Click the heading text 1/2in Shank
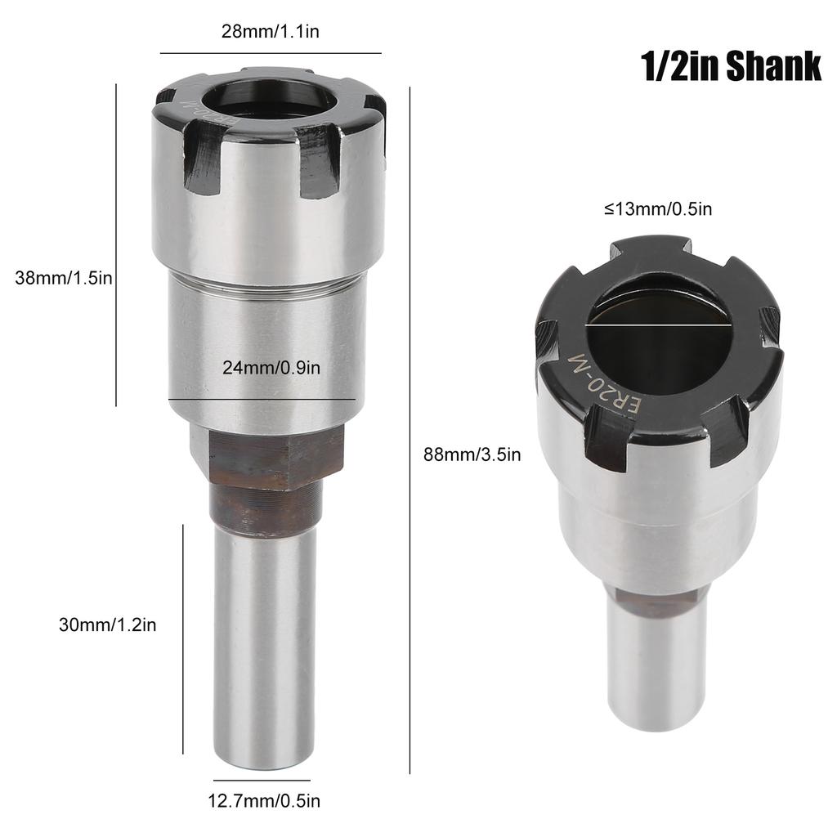[731, 67]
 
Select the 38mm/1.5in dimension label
[63, 278]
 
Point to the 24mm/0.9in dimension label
[271, 368]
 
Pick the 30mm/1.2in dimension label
[107, 625]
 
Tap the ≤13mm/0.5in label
[658, 209]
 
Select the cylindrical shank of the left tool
[264, 646]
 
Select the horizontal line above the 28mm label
[271, 53]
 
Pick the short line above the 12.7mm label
[263, 781]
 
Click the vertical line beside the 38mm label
[117, 245]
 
